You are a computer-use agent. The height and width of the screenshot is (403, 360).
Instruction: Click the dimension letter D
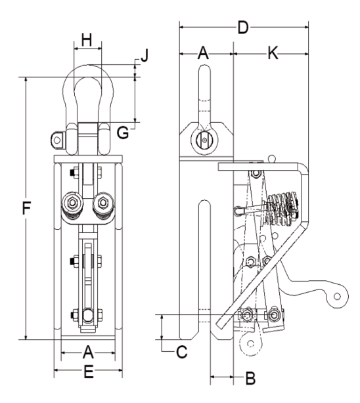click(x=243, y=28)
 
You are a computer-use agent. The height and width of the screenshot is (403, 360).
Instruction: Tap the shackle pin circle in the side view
click(x=204, y=138)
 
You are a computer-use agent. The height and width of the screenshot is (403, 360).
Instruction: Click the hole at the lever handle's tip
click(x=338, y=297)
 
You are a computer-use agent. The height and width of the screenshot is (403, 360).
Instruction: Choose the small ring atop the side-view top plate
click(x=273, y=157)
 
